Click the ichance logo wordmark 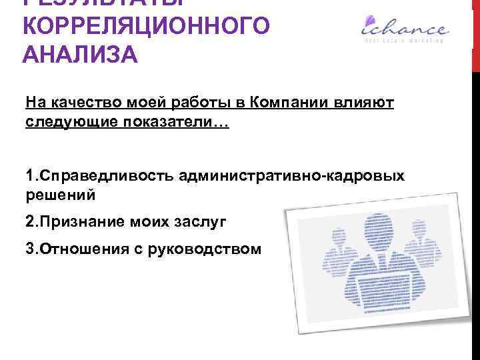pos(404,28)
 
